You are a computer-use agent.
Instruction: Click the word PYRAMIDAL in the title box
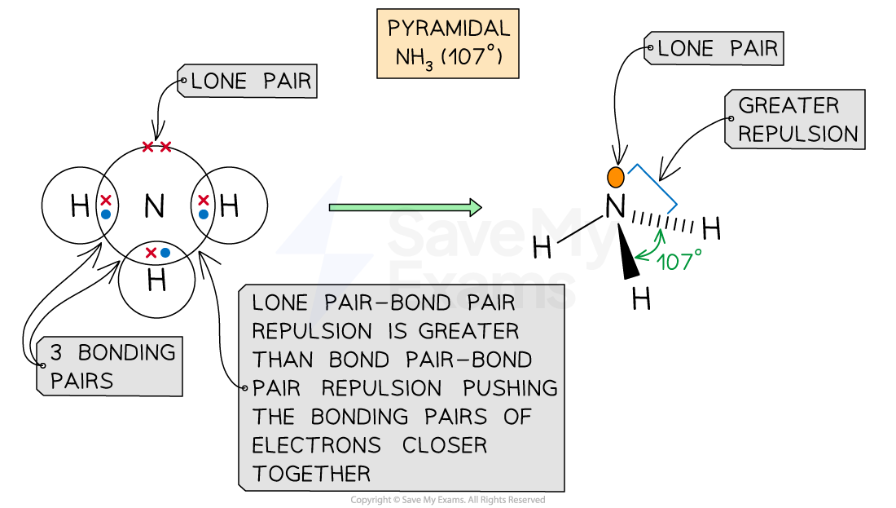click(x=449, y=29)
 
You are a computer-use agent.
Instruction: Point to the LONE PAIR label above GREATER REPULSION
click(x=718, y=49)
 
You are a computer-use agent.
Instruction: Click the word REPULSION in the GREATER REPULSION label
click(x=797, y=134)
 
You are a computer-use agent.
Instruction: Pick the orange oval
click(x=616, y=177)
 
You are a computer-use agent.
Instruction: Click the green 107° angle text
click(x=679, y=262)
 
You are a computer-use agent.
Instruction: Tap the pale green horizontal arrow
click(x=404, y=208)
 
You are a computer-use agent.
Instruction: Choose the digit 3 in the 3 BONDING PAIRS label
click(x=56, y=353)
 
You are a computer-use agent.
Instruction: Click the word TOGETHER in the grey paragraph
click(x=311, y=473)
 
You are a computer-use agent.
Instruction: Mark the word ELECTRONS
click(x=317, y=445)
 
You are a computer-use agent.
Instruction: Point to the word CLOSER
click(x=445, y=445)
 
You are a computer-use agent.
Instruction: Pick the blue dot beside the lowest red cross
click(x=165, y=253)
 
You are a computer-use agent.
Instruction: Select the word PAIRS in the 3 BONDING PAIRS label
click(x=81, y=381)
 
